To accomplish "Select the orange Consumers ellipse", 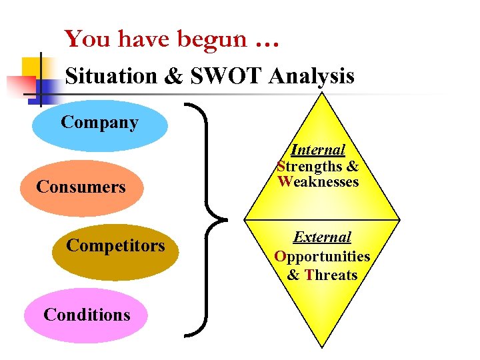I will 82,187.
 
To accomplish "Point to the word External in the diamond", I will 322,237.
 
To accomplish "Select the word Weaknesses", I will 318,181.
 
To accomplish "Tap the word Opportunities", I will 322,256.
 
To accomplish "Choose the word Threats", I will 331,275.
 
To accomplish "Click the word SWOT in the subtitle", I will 227,76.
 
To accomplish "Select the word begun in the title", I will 211,41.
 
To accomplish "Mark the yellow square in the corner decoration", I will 33,67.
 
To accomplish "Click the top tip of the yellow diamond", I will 322,94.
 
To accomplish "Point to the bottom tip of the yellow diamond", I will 322,347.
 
